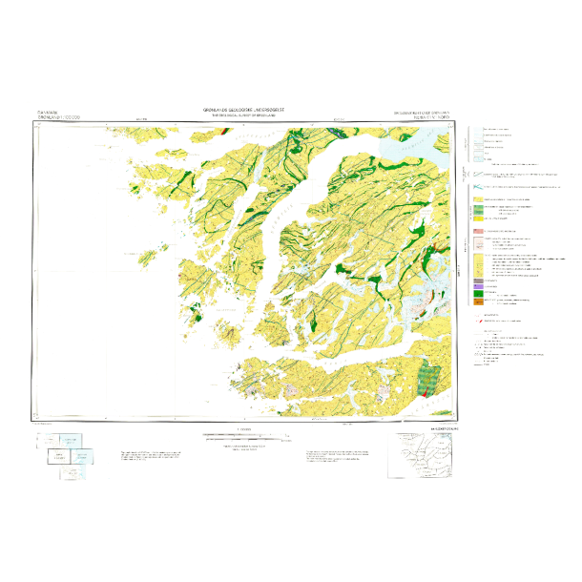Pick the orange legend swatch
tap(478, 301)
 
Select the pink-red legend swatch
tap(478, 232)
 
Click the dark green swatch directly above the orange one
tap(478, 293)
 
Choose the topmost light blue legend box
tap(478, 131)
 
